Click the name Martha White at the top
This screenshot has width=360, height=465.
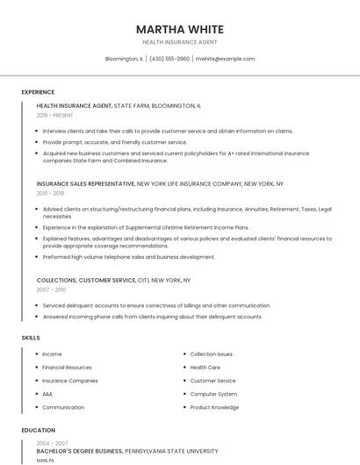179,29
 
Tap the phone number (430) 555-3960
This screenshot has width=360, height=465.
169,59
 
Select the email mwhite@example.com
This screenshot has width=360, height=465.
225,59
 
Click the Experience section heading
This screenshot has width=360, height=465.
38,92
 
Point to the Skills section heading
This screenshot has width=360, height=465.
31,338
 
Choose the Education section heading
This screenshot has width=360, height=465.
38,431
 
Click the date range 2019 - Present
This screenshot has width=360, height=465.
54,115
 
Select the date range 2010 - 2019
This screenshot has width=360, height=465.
50,193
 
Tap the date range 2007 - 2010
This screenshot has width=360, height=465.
51,289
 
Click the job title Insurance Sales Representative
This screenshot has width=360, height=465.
85,184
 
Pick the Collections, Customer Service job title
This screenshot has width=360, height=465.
86,280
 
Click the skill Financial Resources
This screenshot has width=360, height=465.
67,368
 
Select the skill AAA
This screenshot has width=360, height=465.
47,394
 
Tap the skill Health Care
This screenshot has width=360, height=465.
205,368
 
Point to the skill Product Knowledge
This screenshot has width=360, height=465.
214,407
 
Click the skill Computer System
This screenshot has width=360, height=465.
213,394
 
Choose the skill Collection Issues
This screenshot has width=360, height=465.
212,354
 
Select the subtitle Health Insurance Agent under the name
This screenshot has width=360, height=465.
179,42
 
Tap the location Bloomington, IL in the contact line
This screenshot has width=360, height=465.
124,59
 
